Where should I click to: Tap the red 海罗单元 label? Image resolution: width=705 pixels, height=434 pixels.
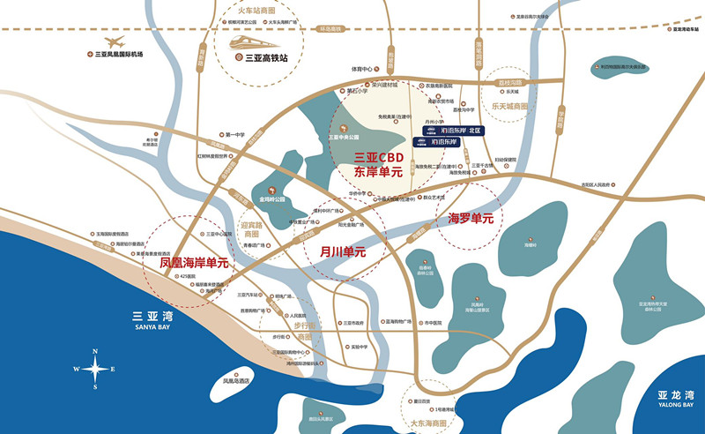pyautogui.click(x=471, y=218)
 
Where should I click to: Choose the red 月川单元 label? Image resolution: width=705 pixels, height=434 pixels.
pyautogui.click(x=342, y=252)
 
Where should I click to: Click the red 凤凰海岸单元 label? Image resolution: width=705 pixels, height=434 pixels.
pyautogui.click(x=194, y=262)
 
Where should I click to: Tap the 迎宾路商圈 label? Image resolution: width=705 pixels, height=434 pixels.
pyautogui.click(x=253, y=229)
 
